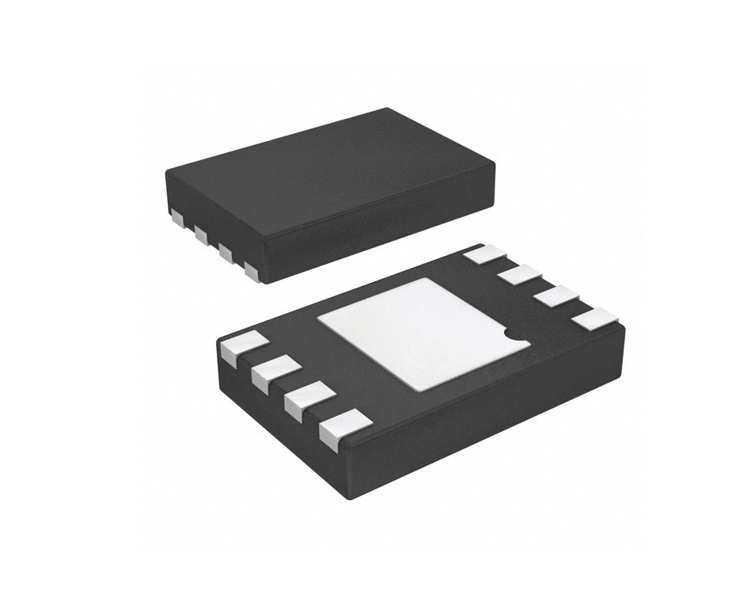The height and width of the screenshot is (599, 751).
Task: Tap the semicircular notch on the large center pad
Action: [519, 336]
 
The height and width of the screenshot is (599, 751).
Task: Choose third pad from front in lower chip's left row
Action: [275, 373]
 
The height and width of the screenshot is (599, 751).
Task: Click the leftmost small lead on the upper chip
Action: [176, 216]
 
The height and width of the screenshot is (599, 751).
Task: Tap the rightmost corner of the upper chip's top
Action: [494, 165]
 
